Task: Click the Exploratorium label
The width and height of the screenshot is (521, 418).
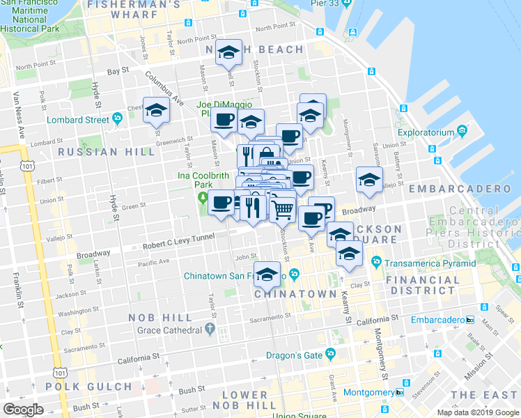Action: click(426, 132)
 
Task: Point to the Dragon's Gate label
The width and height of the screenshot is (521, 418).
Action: click(294, 355)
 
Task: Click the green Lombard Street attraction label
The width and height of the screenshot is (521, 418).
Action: click(77, 119)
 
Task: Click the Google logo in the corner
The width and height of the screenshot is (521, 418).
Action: click(23, 410)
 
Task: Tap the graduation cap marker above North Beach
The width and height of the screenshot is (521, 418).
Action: click(228, 52)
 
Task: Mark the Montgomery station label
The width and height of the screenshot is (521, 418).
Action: click(368, 392)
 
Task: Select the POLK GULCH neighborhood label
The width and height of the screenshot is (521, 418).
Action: click(79, 386)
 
